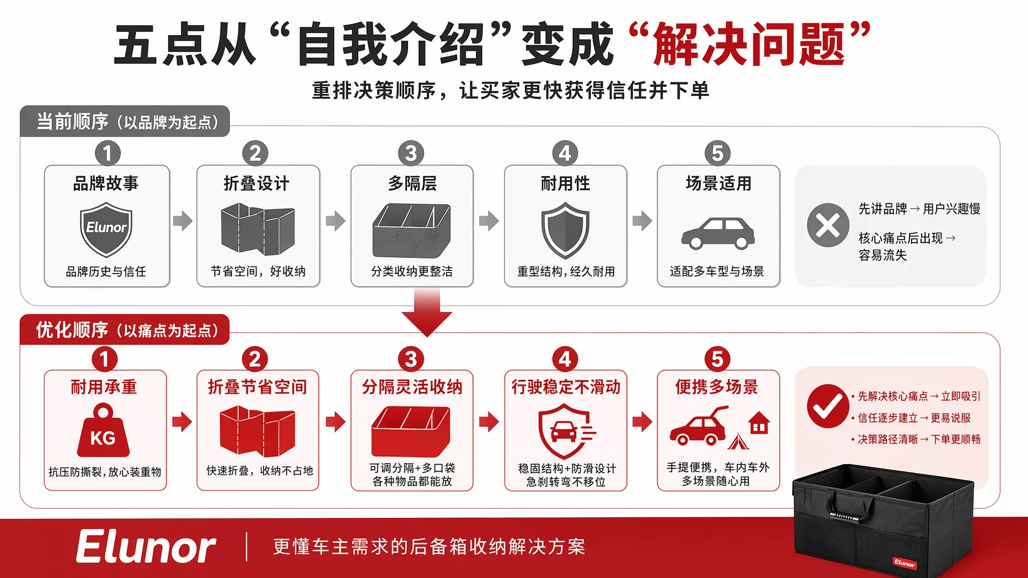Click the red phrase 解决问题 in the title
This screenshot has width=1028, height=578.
pos(749,44)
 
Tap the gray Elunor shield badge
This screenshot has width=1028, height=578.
pos(106,230)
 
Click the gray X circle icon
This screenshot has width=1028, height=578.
pos(828,225)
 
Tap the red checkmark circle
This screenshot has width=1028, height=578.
pos(828,406)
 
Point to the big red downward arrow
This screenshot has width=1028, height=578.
pos(427,312)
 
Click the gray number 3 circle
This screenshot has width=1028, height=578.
pos(411,153)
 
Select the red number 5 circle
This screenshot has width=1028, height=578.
pos(717,359)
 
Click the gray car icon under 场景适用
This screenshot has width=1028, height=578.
pos(718,233)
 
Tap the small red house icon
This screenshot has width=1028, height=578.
pos(759,422)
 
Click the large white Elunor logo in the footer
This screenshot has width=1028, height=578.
pos(146,547)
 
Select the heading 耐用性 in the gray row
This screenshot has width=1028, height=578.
pos(565,184)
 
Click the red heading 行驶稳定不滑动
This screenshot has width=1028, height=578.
pos(566,387)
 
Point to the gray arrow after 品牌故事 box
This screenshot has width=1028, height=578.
pos(183,220)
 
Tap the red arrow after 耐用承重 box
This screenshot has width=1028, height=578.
pos(182,422)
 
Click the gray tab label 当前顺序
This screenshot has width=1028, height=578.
pos(72,121)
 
